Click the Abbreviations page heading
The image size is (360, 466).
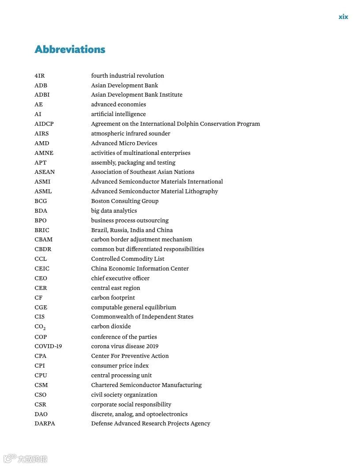(70, 49)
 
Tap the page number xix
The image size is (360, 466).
(343, 17)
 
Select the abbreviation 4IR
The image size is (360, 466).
(40, 75)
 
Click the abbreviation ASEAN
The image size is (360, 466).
(45, 172)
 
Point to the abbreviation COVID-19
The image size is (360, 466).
(48, 346)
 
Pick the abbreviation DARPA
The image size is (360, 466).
(45, 424)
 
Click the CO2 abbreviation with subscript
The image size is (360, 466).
(40, 327)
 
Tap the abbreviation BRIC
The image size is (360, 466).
(42, 230)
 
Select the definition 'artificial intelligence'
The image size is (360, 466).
(118, 114)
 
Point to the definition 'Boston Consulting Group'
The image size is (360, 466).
(124, 201)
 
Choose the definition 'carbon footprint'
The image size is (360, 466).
(113, 298)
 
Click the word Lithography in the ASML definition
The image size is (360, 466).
(202, 192)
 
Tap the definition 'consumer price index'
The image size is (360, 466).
(120, 366)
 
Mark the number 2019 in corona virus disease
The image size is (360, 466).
(151, 346)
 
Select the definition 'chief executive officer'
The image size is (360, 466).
(120, 278)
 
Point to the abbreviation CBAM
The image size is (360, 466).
(43, 240)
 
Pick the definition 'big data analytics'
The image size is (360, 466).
(114, 211)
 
